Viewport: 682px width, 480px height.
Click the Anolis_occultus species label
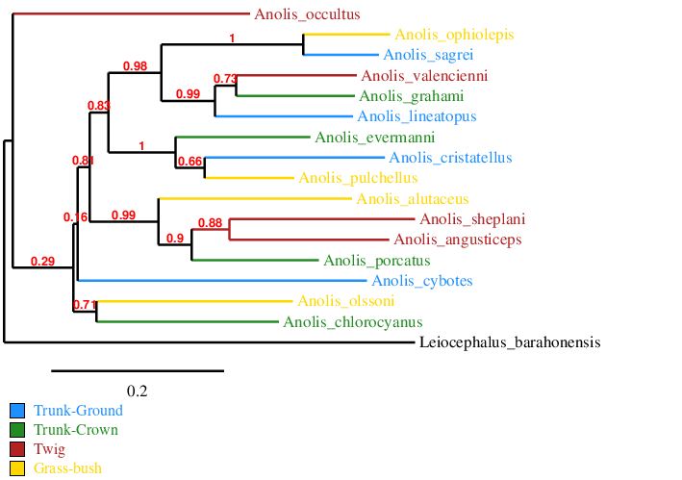(x=307, y=14)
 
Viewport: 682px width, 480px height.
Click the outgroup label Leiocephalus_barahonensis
(x=510, y=342)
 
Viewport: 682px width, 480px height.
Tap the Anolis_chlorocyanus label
(x=353, y=321)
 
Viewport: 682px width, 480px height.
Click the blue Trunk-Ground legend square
(x=17, y=411)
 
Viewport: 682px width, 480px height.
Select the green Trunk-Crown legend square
(x=17, y=430)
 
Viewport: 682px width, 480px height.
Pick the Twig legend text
(x=49, y=449)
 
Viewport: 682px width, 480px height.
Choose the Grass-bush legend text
(x=67, y=468)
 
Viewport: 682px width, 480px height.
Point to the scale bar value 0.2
(x=138, y=391)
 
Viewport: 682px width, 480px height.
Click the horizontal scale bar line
(x=138, y=369)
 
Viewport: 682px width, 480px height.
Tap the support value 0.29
(x=42, y=261)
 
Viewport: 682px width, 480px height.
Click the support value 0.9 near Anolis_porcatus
(x=175, y=239)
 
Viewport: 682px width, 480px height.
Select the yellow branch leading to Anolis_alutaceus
(x=255, y=199)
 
